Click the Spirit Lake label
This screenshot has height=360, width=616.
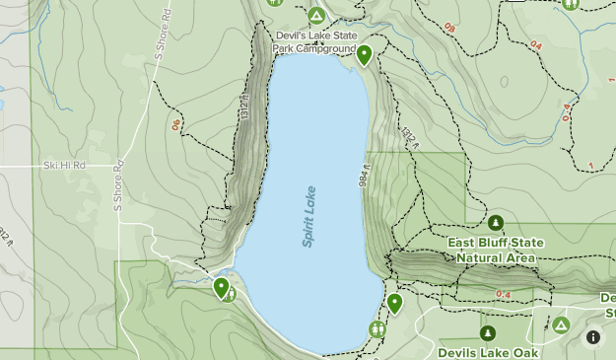pyautogui.click(x=309, y=216)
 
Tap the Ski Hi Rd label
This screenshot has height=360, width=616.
pyautogui.click(x=64, y=165)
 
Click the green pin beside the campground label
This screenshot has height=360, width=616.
pyautogui.click(x=364, y=55)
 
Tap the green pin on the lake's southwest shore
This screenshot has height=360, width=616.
pyautogui.click(x=221, y=288)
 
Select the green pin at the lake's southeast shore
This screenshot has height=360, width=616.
pyautogui.click(x=394, y=303)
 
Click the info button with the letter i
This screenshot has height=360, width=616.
pyautogui.click(x=593, y=337)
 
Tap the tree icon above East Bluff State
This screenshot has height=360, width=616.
pyautogui.click(x=496, y=223)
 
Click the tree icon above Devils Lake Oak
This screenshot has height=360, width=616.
pyautogui.click(x=488, y=332)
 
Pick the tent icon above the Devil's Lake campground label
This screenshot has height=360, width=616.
pyautogui.click(x=315, y=16)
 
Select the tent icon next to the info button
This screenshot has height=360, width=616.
pyautogui.click(x=560, y=324)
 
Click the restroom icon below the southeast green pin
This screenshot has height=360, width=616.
pyautogui.click(x=376, y=328)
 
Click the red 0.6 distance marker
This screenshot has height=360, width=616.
pyautogui.click(x=175, y=125)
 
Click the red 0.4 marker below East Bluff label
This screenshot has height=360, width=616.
pyautogui.click(x=504, y=294)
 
